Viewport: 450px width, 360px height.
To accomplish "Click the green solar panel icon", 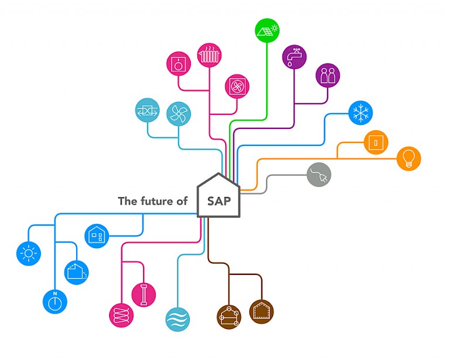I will point(268,30).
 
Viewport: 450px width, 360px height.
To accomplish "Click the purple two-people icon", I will point(328,76).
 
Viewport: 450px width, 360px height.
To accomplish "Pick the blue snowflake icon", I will point(360,113).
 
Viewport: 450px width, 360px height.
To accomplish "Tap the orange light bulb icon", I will point(408,158).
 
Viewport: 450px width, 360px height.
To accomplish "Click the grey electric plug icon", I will point(319,175).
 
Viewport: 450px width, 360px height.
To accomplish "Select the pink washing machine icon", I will point(179,64).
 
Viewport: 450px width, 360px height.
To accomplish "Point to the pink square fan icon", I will point(237,86).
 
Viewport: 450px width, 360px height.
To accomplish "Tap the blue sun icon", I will point(28,253).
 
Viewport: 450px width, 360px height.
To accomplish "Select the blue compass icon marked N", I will point(54,302).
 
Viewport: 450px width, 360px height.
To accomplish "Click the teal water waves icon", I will point(177,319).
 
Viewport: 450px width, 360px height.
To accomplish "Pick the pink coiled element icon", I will point(121,315).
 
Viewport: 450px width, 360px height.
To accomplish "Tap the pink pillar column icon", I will point(144,294).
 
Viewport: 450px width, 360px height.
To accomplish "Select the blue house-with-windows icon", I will point(97,236).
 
